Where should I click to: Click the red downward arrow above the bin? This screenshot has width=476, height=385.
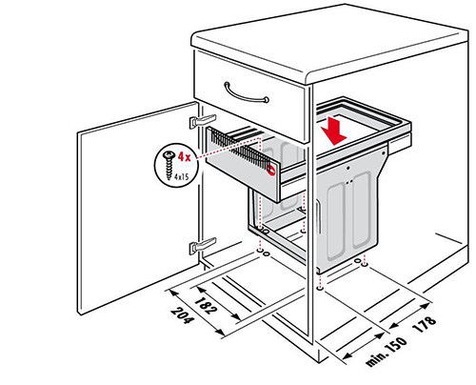(334, 132)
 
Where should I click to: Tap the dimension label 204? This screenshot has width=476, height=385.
(182, 315)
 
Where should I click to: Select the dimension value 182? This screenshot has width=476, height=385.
(207, 305)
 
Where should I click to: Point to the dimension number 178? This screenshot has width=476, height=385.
(425, 324)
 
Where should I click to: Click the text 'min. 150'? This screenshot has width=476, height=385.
(386, 352)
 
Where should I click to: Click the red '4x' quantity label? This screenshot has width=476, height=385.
(184, 156)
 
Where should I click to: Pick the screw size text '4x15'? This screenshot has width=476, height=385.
(181, 176)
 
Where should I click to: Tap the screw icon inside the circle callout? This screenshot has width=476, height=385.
(169, 165)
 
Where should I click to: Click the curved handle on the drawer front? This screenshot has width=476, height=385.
(246, 93)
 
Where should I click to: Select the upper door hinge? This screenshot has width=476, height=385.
(203, 121)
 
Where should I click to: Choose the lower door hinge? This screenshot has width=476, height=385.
(203, 245)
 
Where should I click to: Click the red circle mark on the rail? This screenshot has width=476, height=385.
(271, 170)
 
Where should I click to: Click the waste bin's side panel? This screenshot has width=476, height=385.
(350, 212)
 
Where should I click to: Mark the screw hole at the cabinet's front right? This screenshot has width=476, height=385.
(320, 289)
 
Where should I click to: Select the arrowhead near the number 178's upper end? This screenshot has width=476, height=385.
(426, 306)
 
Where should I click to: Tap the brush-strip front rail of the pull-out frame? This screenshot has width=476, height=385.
(243, 165)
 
